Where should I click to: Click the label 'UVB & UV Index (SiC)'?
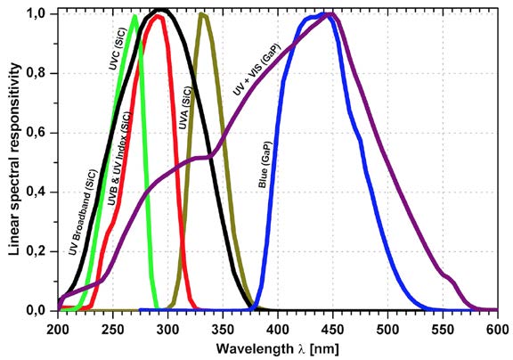[x=119, y=161]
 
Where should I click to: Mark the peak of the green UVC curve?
[x=134, y=16]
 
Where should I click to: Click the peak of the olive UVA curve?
[x=202, y=14]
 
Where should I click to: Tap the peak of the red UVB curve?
[x=157, y=16]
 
